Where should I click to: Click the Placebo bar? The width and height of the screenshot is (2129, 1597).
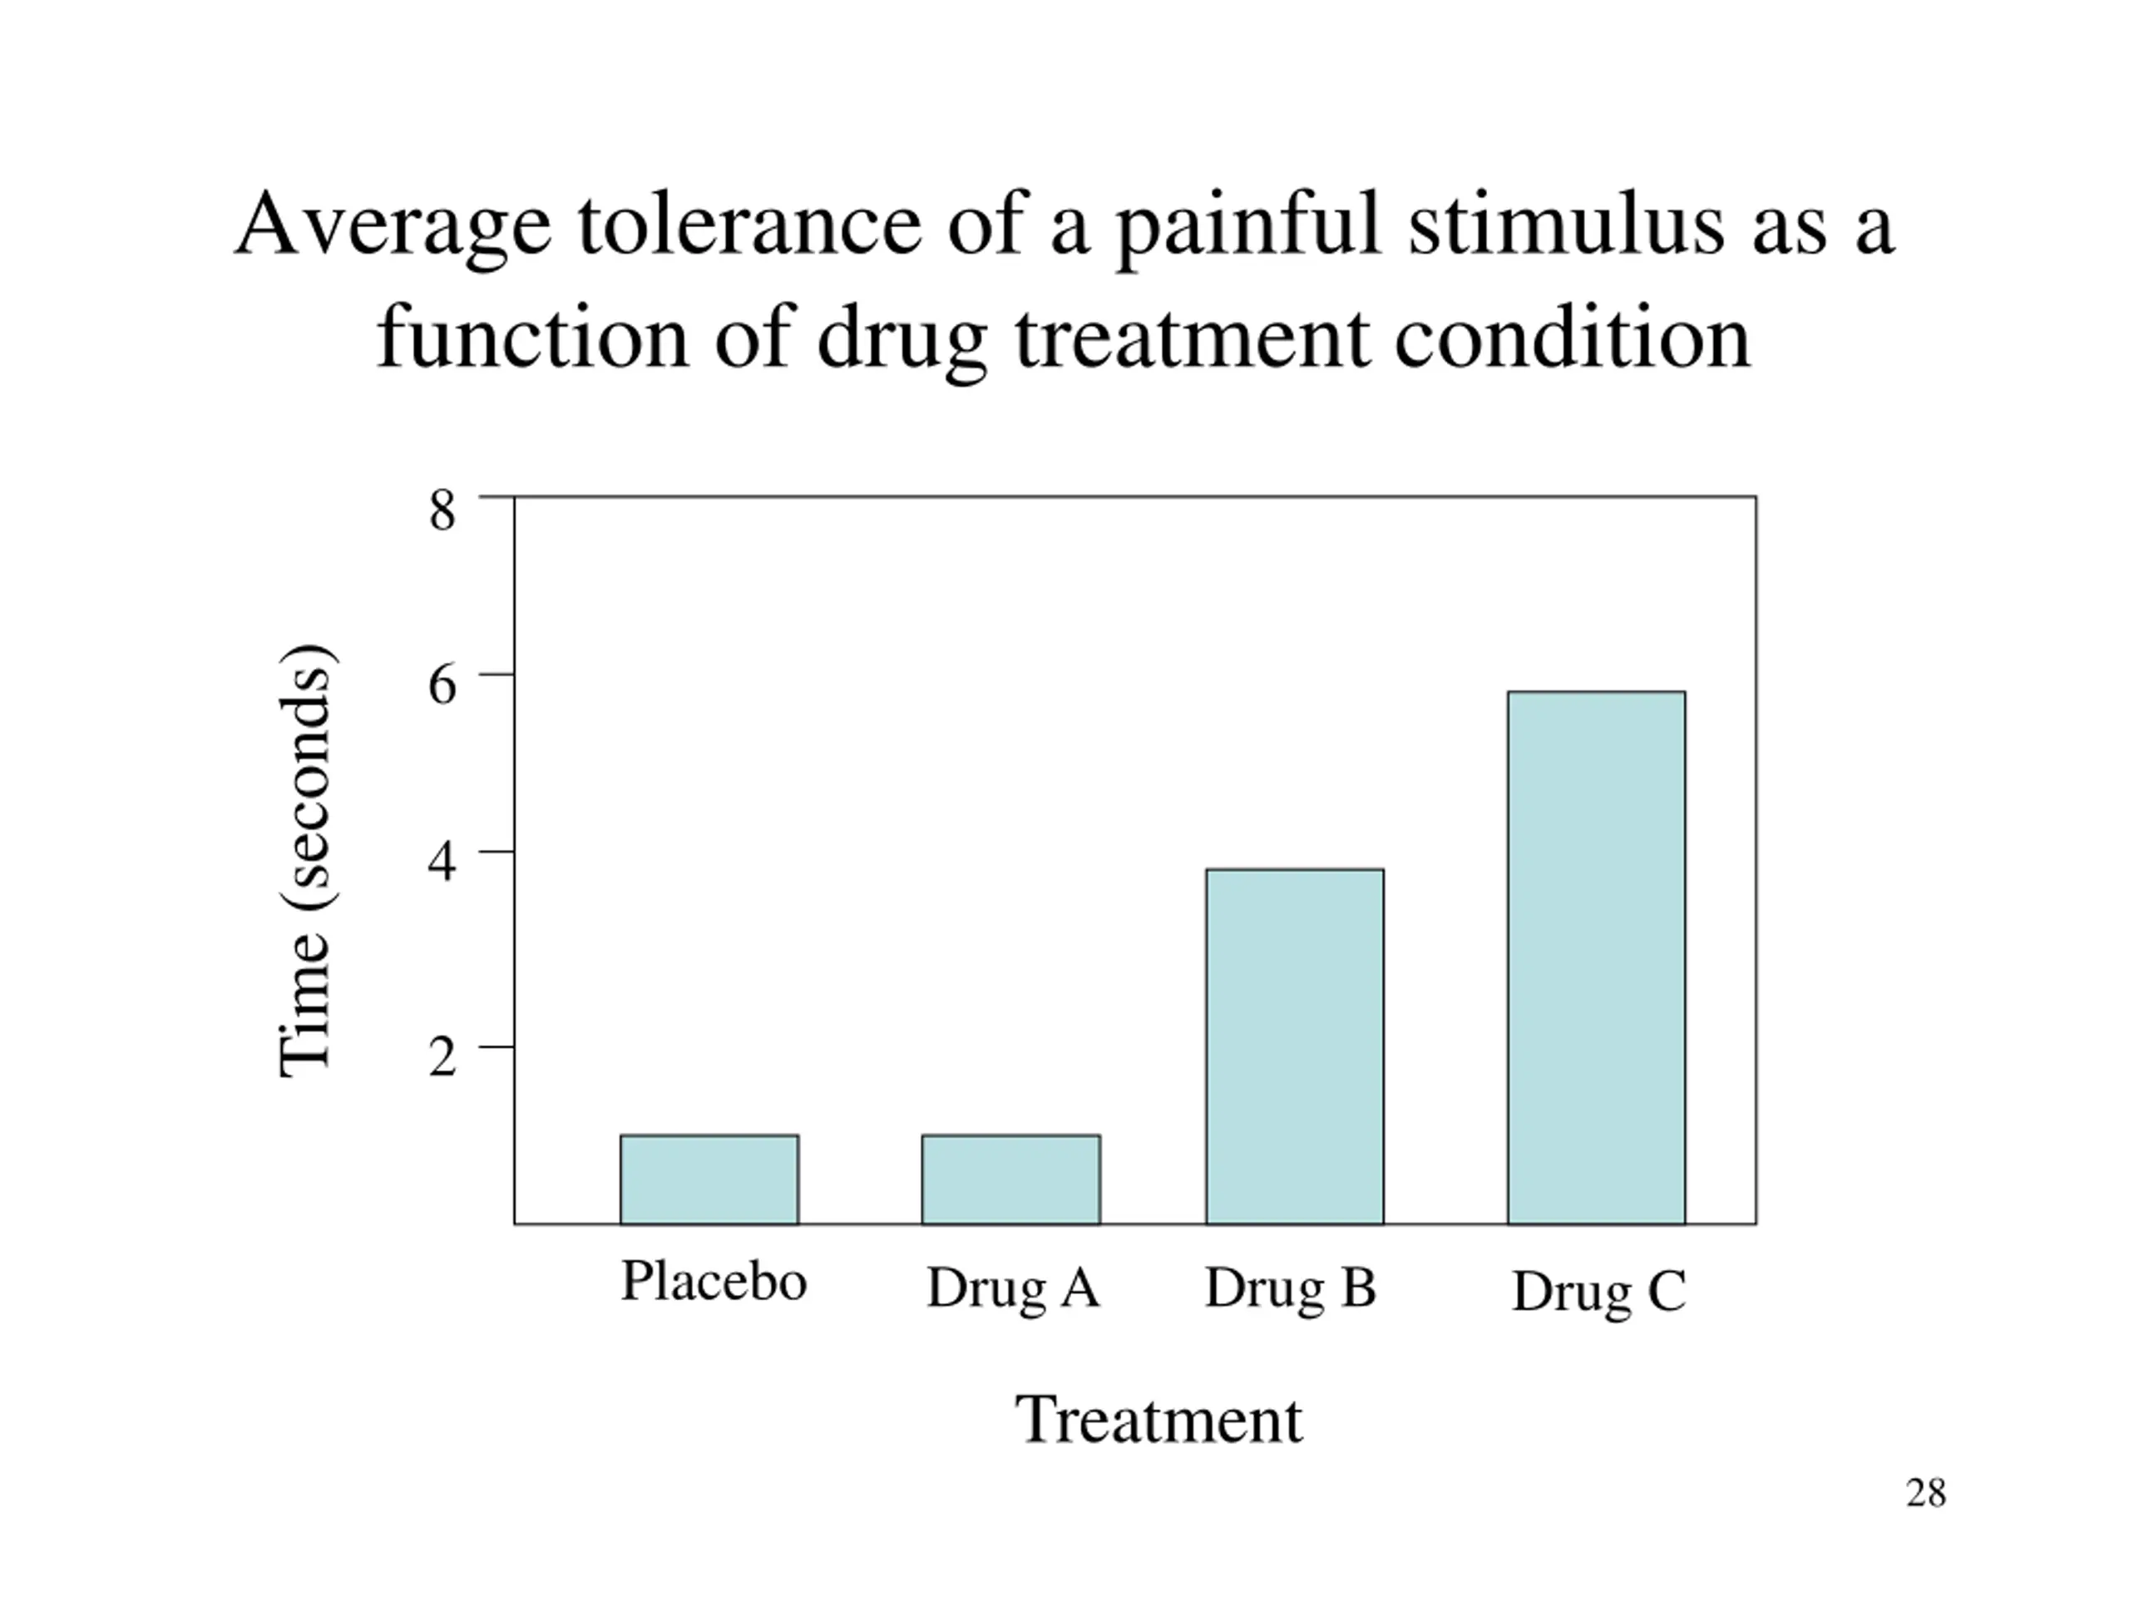click(x=709, y=1179)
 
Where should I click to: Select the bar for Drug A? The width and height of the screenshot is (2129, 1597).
click(x=1010, y=1179)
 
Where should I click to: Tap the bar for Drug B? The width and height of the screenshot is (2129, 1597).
click(x=1295, y=1046)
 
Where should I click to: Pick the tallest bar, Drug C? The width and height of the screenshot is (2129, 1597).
click(x=1597, y=958)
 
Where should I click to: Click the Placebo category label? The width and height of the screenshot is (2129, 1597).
click(x=714, y=1280)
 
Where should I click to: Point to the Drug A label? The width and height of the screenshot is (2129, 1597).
click(x=1013, y=1288)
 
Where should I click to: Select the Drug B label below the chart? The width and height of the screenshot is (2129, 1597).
click(x=1291, y=1288)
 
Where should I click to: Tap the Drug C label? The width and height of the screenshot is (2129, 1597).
click(x=1598, y=1292)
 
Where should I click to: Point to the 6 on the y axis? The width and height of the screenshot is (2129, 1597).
click(x=442, y=686)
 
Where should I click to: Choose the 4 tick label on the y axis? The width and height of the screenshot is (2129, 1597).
click(x=442, y=863)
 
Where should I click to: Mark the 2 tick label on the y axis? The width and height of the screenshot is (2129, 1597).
click(x=442, y=1057)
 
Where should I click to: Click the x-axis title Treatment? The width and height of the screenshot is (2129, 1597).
click(x=1158, y=1420)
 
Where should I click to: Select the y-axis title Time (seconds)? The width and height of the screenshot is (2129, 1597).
click(x=306, y=859)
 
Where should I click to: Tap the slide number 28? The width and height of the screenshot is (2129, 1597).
click(x=1926, y=1493)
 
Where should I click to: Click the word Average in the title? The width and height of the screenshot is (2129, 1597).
click(x=393, y=227)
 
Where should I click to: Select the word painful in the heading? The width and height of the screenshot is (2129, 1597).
click(x=1248, y=227)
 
